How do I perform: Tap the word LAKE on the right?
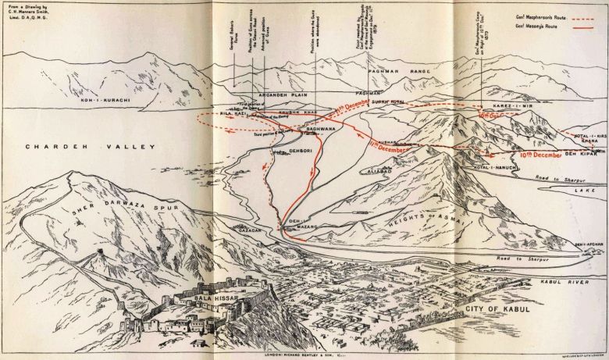pos(575,188)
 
